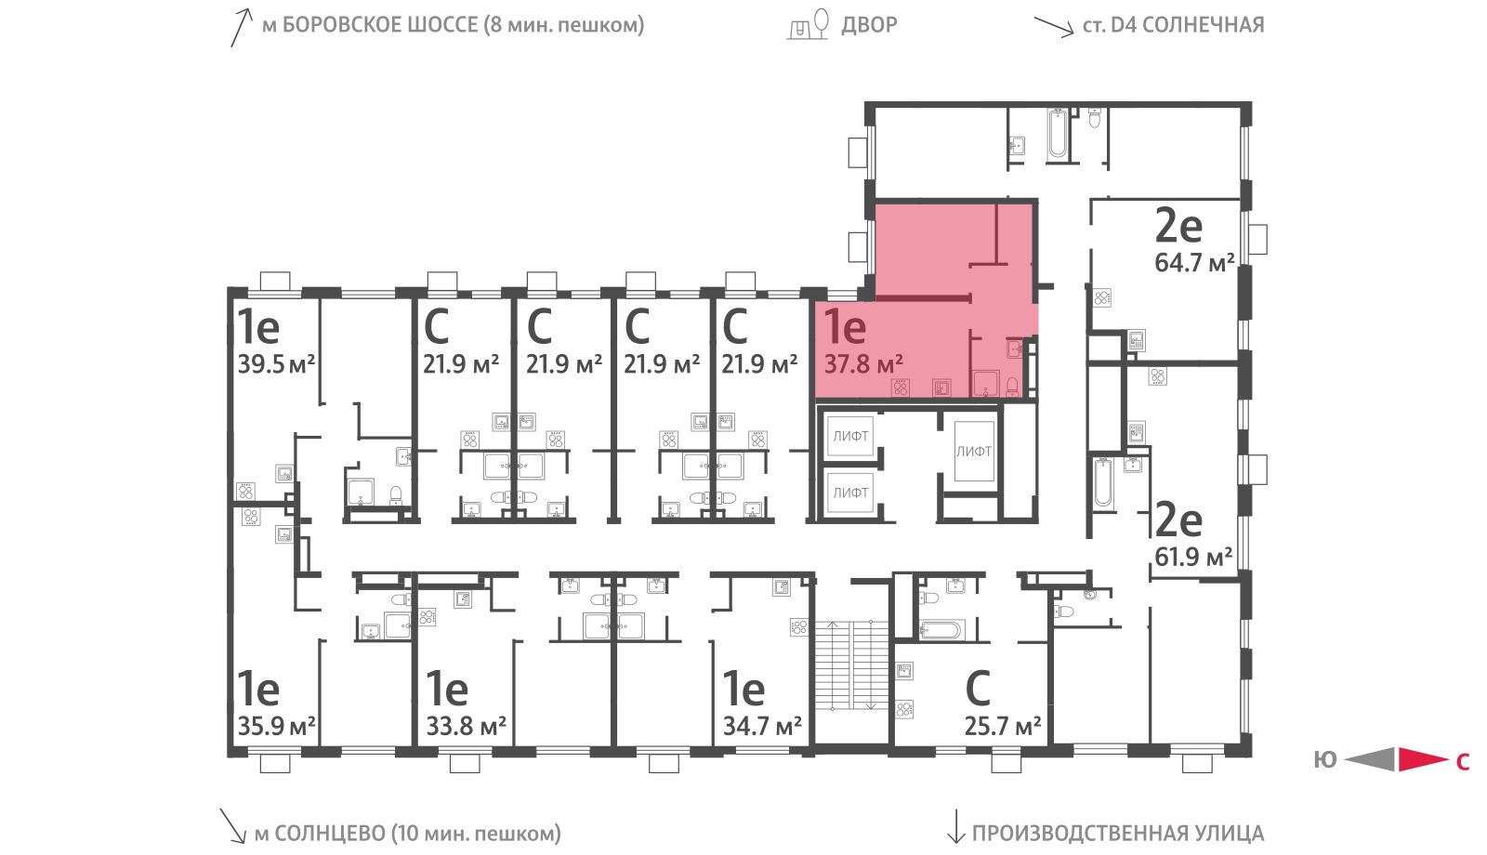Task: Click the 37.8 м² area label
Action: [x=863, y=363]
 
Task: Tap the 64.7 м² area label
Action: [x=1194, y=263]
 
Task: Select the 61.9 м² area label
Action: [x=1193, y=557]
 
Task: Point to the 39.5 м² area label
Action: [x=276, y=363]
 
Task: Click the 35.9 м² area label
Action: [x=276, y=726]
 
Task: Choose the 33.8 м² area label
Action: [x=466, y=726]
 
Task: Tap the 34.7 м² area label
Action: [x=762, y=726]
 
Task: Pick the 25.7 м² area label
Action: [x=1003, y=727]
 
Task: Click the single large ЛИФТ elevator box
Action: [x=974, y=452]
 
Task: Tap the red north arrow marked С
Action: [x=1423, y=759]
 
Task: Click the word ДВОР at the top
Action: [x=869, y=25]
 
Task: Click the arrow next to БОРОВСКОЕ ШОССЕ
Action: [x=242, y=28]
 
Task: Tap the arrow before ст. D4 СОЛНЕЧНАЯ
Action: [x=1054, y=27]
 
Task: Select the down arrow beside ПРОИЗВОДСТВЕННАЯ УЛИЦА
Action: [x=955, y=826]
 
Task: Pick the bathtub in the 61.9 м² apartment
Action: [x=1102, y=482]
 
